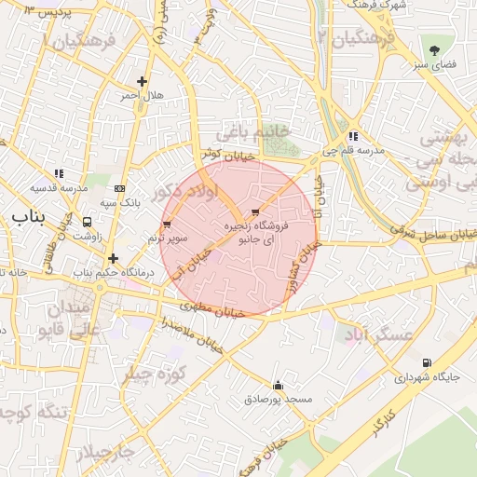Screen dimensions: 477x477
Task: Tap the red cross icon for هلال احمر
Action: (x=142, y=82)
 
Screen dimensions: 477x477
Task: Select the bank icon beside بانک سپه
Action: (x=118, y=187)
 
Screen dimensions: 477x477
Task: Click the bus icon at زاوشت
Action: (x=88, y=223)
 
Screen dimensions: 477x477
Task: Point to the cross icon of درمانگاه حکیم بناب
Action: (x=113, y=258)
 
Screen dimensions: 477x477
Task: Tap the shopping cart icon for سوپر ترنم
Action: (x=167, y=225)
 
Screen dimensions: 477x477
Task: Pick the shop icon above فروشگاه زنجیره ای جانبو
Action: (x=255, y=212)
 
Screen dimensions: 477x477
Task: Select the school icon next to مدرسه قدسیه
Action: (x=59, y=173)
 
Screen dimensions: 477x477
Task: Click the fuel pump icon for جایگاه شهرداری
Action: (x=427, y=363)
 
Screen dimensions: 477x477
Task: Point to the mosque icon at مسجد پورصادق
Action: (x=277, y=385)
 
